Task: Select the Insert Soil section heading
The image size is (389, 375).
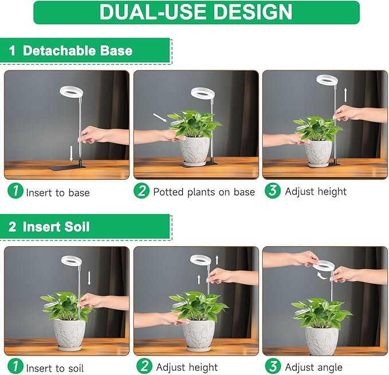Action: [56, 227]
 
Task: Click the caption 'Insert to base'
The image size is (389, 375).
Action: [58, 192]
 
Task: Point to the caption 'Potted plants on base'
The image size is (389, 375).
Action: [203, 192]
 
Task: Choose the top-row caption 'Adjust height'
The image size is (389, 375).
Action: [316, 191]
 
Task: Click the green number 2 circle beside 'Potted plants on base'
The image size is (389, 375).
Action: [142, 191]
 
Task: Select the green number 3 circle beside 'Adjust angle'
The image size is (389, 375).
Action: [273, 366]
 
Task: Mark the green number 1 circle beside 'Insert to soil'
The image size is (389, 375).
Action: [15, 367]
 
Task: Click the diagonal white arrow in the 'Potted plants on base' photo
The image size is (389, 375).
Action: [161, 118]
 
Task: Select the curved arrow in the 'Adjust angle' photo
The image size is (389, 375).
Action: [323, 277]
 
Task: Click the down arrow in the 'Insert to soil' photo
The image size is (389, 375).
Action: [90, 278]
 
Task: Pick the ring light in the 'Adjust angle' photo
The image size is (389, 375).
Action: [323, 265]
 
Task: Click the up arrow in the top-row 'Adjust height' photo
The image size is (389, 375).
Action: [345, 94]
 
